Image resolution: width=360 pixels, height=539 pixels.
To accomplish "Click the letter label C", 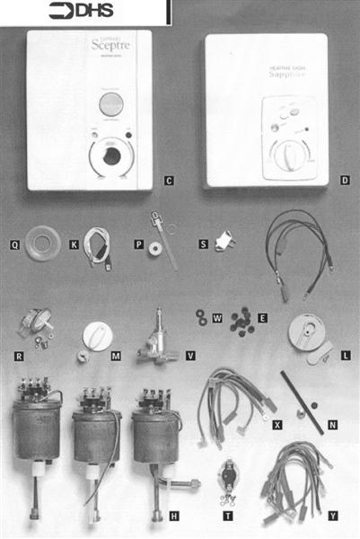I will click(x=168, y=181).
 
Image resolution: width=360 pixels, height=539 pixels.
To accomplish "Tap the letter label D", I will click(x=345, y=181).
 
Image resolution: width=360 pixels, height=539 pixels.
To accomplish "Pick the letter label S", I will click(x=203, y=243).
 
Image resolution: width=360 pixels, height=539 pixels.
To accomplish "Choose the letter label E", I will click(x=262, y=316).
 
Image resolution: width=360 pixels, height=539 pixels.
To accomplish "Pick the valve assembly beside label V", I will click(x=154, y=340).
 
